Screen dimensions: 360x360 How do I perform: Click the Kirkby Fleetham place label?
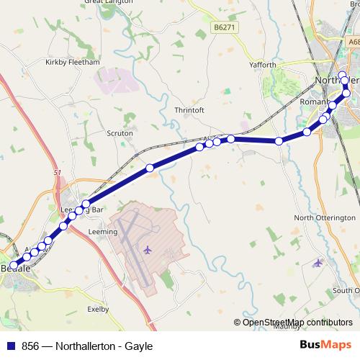pos(72,63)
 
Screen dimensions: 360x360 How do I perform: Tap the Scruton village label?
pos(120,133)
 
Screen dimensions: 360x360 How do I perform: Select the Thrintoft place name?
pos(190,110)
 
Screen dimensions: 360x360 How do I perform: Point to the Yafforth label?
pos(262,65)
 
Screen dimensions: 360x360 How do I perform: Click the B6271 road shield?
pos(225,27)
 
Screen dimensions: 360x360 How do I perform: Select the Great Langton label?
pos(109,2)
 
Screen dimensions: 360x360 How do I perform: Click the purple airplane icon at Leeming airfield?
pos(148,249)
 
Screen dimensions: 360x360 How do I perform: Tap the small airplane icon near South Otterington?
pos(319,262)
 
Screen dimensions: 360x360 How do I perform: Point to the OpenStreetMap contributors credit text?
pos(293,323)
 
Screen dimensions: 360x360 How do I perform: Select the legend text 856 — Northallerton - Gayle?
pos(87,346)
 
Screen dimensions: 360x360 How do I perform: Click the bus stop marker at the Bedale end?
pos(13,266)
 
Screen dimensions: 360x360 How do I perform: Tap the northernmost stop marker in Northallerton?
pos(343,75)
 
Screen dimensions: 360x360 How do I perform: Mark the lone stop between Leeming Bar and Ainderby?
pos(150,168)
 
